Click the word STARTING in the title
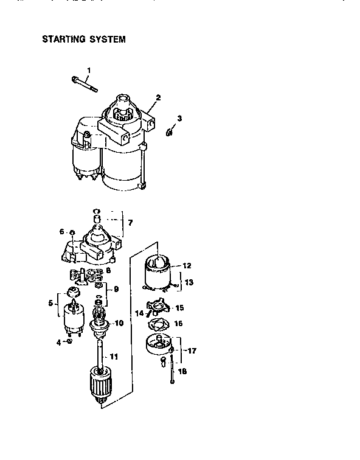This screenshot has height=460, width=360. (x=63, y=40)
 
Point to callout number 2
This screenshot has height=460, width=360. (x=158, y=97)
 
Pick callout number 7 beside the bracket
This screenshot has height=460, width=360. (x=129, y=223)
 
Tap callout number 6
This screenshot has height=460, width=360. (x=61, y=232)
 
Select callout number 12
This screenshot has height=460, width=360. (x=187, y=265)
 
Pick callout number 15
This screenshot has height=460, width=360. (x=179, y=308)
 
